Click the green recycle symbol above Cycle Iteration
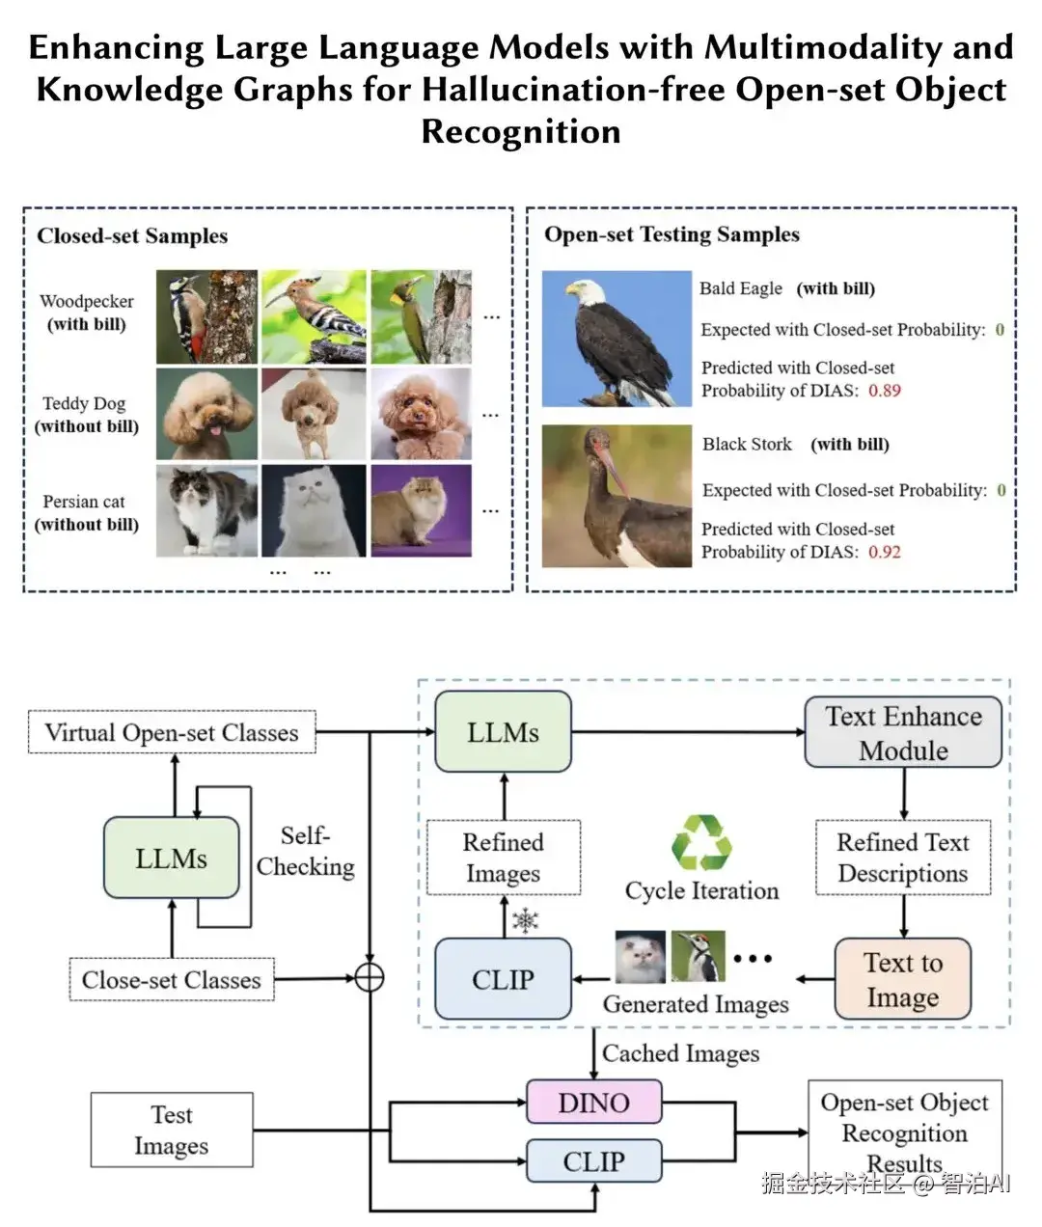tap(701, 842)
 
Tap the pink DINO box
tap(593, 1103)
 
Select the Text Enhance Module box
tap(903, 733)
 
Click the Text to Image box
tap(902, 979)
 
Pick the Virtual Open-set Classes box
tap(172, 733)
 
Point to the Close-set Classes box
tap(172, 980)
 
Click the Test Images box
tap(172, 1130)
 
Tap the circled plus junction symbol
tap(370, 977)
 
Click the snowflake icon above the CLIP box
tap(525, 920)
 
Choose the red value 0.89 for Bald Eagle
tap(885, 391)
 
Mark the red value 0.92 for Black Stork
tap(885, 552)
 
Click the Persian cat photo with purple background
tap(421, 510)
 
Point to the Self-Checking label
tap(305, 851)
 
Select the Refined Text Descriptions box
tap(903, 858)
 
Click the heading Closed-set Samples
tap(132, 236)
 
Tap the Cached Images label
tap(680, 1053)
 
